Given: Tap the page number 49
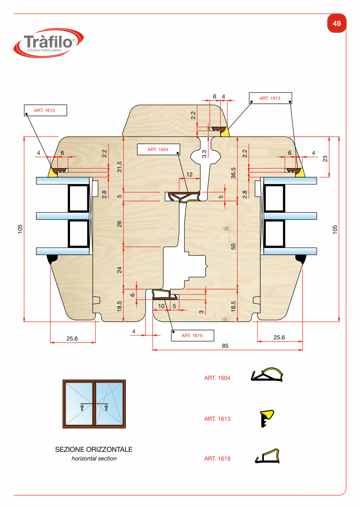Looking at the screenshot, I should point(337,23).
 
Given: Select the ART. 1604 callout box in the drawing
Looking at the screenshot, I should point(158,149).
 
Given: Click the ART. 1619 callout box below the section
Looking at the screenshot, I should point(192,335).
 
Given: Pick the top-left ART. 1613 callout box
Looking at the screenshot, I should point(45,110).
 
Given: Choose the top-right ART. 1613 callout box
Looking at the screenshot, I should point(270,98).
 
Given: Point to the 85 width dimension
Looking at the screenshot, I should point(225,346).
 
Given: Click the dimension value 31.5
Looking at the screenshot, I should point(120,167).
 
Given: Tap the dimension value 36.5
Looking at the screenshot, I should point(234,173).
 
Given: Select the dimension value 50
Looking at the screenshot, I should point(234,246).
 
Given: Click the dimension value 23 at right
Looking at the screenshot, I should point(325,158).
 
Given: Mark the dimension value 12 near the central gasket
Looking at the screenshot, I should point(189,174).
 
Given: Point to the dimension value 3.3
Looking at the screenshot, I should point(204,154).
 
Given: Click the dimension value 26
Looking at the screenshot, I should point(120,224).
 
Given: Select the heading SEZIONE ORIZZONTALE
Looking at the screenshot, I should point(94,450).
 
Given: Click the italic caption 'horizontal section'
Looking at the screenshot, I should point(94,458).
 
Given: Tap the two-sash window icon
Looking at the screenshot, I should point(94,404).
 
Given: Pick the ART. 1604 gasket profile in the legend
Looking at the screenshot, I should point(266,375).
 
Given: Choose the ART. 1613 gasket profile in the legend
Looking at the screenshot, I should point(266,419).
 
